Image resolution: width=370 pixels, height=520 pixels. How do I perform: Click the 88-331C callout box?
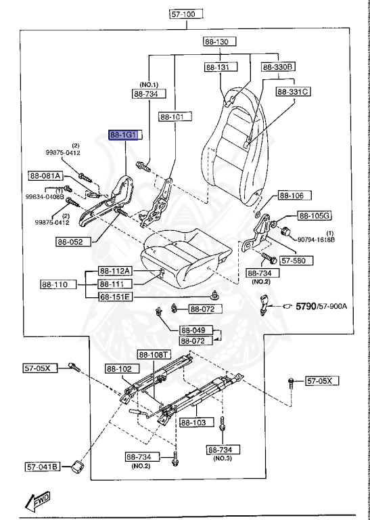(x=292, y=91)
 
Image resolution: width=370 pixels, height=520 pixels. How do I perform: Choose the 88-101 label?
(x=172, y=117)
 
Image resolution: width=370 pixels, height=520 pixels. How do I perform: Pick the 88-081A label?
(x=45, y=176)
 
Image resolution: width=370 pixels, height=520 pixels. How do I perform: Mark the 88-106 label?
(x=292, y=196)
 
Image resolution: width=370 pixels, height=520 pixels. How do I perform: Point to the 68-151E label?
(x=115, y=297)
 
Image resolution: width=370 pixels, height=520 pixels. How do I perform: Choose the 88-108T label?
(x=154, y=354)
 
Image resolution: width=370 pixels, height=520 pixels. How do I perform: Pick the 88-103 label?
(x=195, y=422)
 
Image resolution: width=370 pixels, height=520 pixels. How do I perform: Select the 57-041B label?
(x=43, y=467)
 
